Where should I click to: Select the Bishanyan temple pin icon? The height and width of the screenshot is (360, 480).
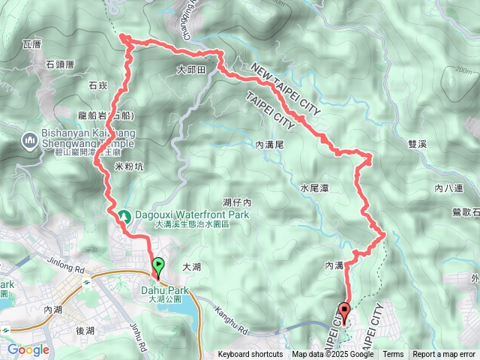tap(30, 139)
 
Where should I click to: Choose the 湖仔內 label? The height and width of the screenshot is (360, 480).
tap(236, 202)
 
